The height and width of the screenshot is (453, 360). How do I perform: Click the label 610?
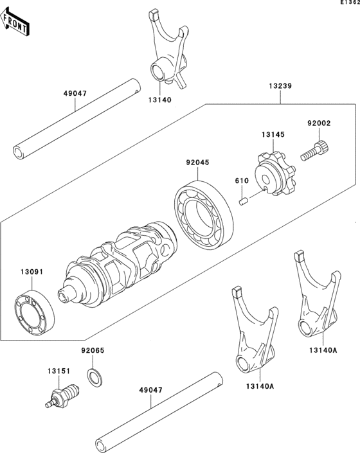pos(240,182)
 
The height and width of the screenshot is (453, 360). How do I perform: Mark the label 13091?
pos(31,272)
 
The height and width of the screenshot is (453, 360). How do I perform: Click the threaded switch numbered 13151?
pos(63,394)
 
